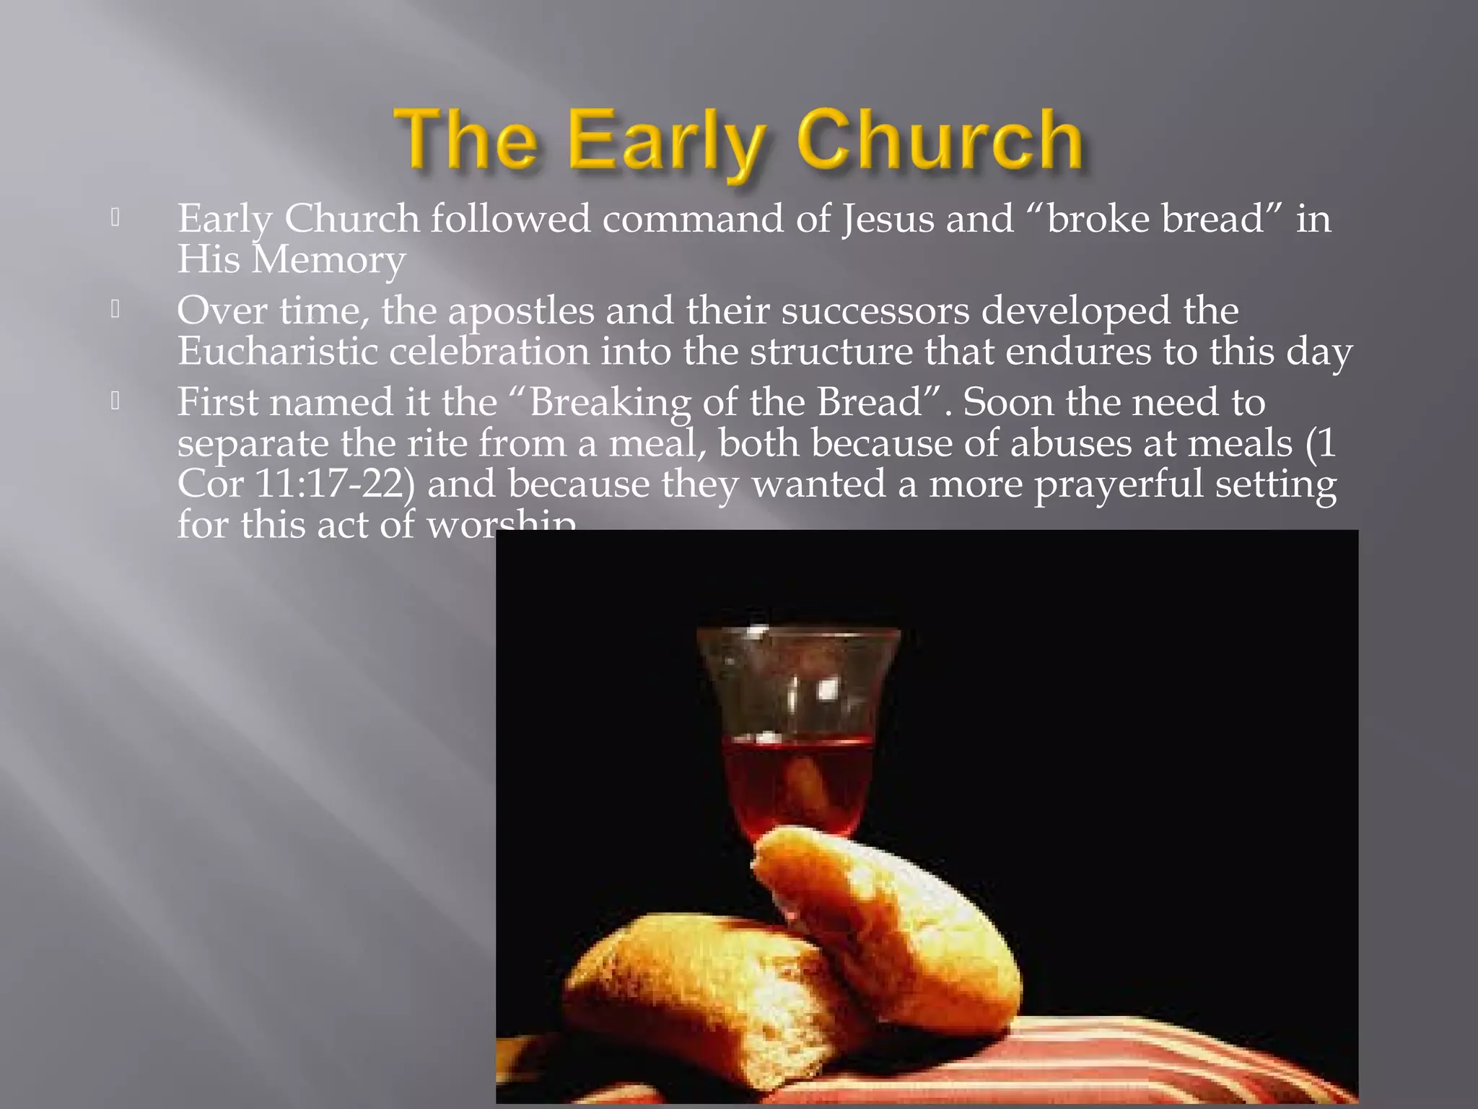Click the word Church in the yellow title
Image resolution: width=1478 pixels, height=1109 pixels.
940,139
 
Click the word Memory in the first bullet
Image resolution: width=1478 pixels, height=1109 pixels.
328,260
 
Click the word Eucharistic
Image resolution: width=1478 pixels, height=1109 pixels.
278,352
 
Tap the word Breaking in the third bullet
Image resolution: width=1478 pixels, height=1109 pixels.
609,403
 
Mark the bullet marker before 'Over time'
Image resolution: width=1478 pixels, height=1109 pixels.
115,310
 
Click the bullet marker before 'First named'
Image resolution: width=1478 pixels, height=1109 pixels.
115,401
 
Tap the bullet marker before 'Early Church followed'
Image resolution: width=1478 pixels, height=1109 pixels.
115,218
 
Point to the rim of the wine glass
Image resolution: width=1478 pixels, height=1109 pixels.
798,632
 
